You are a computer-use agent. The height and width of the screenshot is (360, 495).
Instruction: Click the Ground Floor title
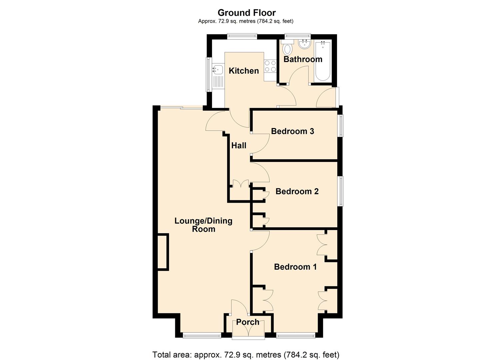(247, 13)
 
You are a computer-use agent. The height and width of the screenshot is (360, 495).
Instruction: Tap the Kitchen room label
(244, 71)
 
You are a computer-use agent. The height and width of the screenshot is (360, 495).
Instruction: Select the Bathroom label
(303, 59)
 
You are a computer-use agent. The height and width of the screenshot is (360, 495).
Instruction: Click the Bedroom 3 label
(292, 131)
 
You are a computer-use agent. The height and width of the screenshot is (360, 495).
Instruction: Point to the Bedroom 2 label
(297, 191)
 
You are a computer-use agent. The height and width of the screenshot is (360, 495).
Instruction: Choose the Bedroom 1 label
(295, 267)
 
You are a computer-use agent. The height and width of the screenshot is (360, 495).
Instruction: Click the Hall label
(239, 145)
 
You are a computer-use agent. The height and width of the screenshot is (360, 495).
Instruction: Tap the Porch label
(248, 322)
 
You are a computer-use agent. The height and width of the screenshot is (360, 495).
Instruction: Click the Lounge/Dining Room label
(203, 225)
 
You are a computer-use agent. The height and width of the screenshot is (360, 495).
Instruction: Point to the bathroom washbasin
(304, 44)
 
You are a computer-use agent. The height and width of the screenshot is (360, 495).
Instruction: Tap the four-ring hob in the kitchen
(270, 66)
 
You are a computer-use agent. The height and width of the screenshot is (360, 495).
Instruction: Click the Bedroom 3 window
(341, 126)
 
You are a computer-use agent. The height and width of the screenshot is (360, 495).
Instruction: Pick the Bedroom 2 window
(341, 191)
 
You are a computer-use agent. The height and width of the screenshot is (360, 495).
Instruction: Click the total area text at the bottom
(246, 354)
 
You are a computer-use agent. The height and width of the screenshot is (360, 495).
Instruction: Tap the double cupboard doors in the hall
(240, 184)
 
